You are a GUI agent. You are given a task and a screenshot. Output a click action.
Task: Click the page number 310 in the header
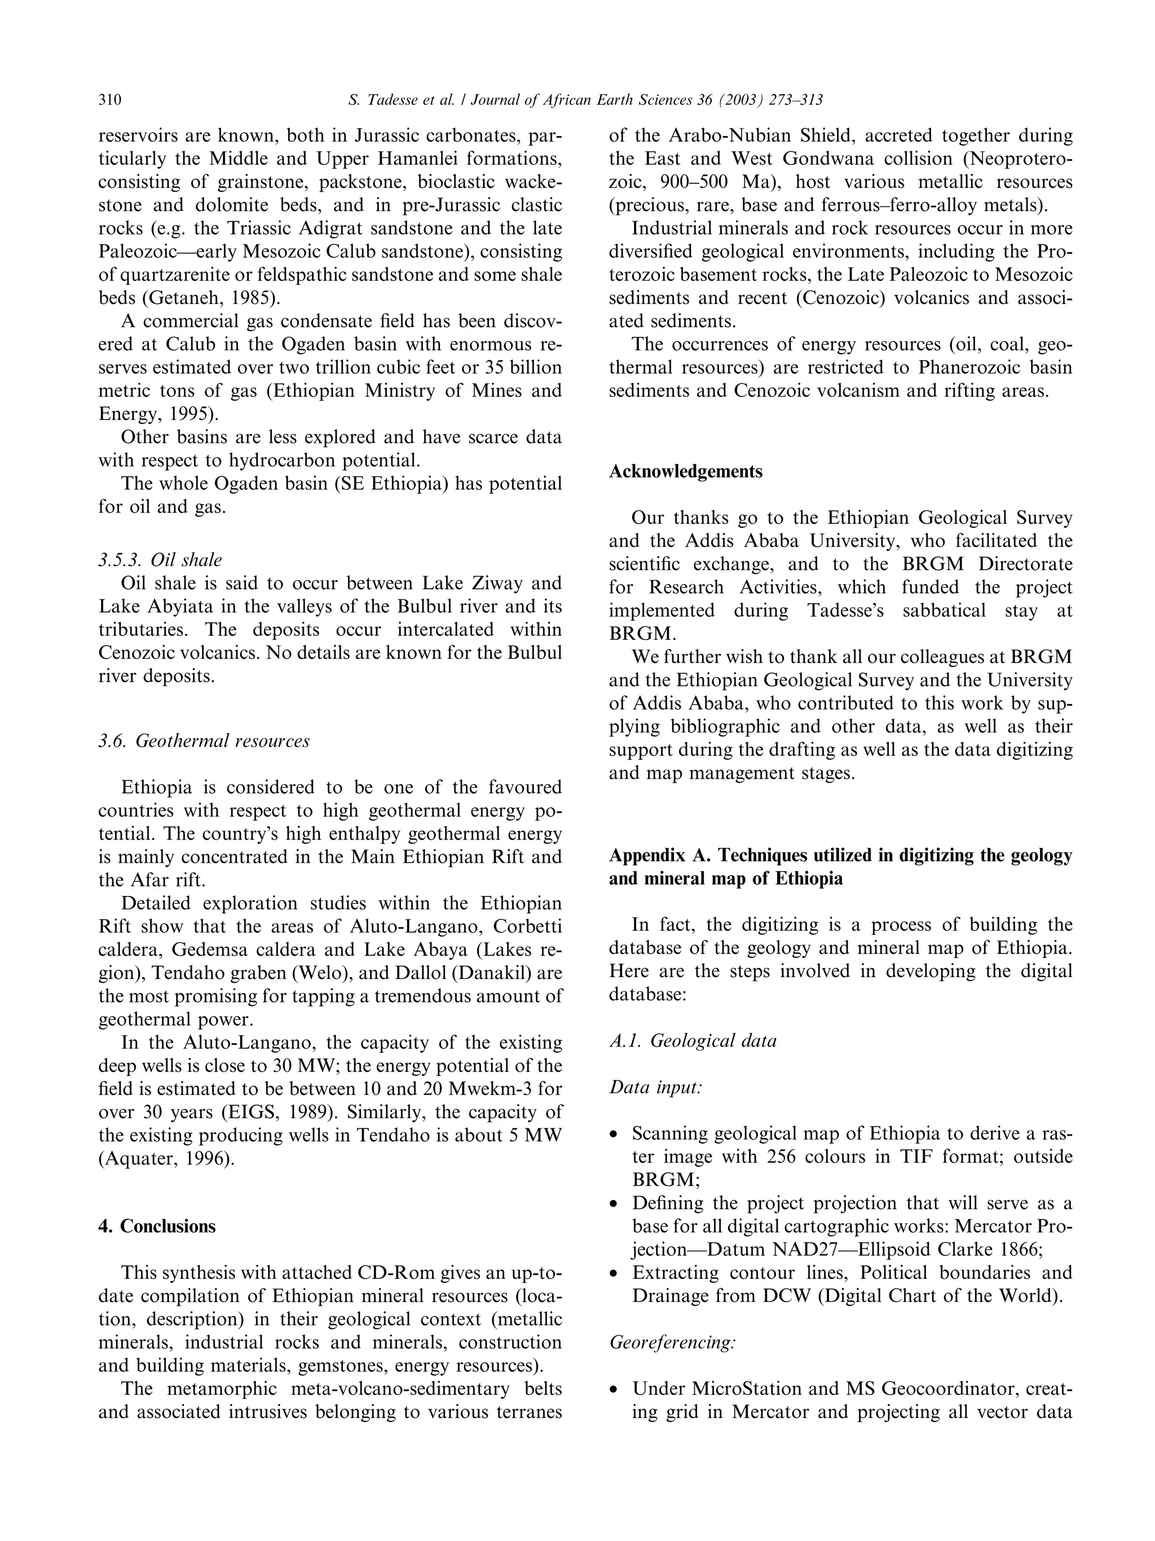point(109,100)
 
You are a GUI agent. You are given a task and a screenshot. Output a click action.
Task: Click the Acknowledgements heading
point(685,471)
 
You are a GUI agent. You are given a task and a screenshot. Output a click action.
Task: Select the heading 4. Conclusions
point(157,1226)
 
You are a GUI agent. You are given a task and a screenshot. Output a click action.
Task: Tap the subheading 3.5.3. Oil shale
point(160,560)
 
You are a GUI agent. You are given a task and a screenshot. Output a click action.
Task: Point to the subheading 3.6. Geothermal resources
point(204,740)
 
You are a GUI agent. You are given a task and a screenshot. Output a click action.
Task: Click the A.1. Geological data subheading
point(693,1040)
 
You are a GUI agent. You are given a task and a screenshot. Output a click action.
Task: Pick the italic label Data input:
point(655,1087)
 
